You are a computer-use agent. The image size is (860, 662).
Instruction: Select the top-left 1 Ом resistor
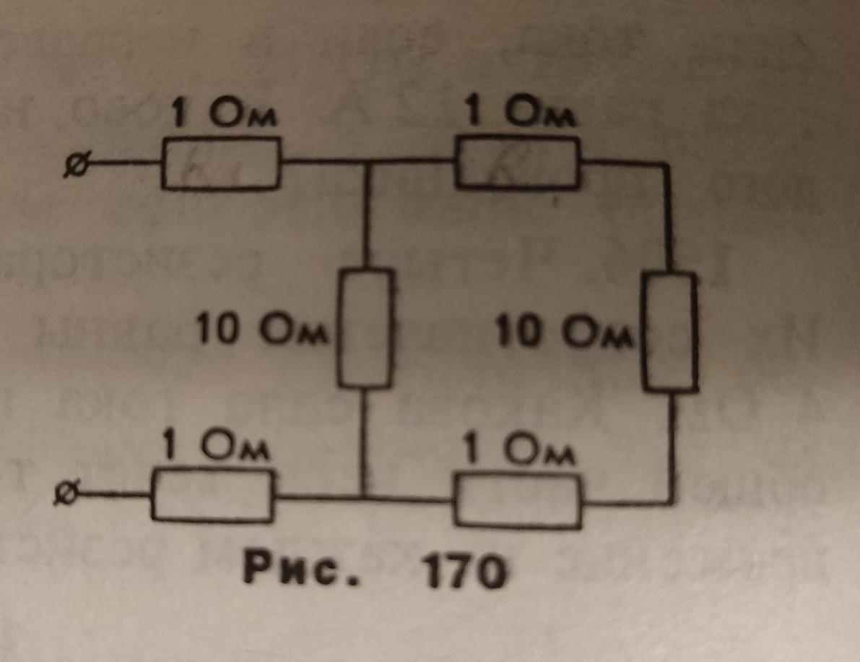tap(220, 165)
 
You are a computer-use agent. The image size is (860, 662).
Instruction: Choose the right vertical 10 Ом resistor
tap(671, 332)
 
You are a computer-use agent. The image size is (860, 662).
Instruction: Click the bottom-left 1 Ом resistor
tap(214, 495)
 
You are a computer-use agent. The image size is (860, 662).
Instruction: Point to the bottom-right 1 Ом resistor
tap(518, 504)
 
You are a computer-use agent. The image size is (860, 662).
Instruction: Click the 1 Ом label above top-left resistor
tap(223, 116)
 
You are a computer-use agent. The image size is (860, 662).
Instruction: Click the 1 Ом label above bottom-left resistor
tap(215, 447)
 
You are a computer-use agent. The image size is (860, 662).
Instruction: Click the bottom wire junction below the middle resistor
tap(363, 498)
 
